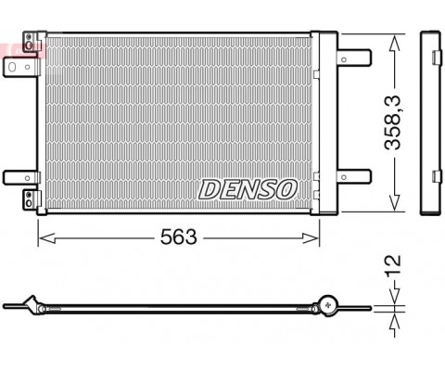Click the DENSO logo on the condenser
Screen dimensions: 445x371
pyautogui.click(x=248, y=189)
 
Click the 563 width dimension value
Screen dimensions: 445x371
pyautogui.click(x=178, y=237)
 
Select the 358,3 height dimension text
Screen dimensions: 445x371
pyautogui.click(x=392, y=123)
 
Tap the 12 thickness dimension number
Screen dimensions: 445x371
pyautogui.click(x=393, y=265)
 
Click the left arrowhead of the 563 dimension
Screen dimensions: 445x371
pyautogui.click(x=47, y=238)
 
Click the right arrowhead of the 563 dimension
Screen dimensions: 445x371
pyautogui.click(x=311, y=238)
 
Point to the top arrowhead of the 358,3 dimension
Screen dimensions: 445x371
pyautogui.click(x=394, y=43)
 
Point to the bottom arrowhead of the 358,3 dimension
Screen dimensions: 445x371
pyautogui.click(x=394, y=203)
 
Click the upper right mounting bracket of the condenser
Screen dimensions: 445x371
pyautogui.click(x=354, y=58)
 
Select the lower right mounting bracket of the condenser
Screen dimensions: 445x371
pyautogui.click(x=354, y=177)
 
